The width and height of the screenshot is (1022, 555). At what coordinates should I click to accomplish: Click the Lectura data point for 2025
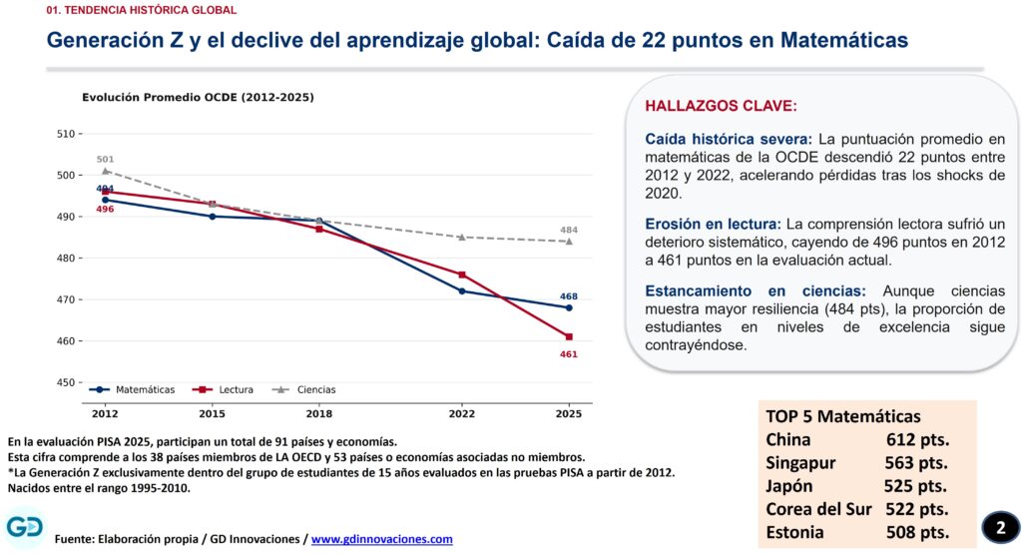(x=569, y=337)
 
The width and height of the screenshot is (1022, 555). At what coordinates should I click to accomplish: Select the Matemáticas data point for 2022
(x=462, y=290)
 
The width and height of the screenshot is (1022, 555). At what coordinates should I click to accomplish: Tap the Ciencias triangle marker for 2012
(x=105, y=171)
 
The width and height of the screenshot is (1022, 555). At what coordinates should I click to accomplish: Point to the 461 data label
(x=568, y=354)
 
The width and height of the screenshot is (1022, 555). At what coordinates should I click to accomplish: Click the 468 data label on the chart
(x=568, y=296)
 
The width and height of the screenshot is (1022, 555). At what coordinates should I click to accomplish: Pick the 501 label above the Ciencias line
(x=105, y=159)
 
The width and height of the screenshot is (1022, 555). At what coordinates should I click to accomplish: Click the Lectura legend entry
(x=223, y=389)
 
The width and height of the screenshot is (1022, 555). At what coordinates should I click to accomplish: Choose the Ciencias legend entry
(x=303, y=389)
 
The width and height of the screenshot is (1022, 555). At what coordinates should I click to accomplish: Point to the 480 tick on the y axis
(x=66, y=259)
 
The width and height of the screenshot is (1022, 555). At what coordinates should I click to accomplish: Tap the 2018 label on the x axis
(x=318, y=413)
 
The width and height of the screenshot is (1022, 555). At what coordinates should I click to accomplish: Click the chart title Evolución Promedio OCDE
(x=198, y=97)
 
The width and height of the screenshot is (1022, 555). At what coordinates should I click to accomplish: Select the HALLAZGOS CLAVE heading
(x=721, y=106)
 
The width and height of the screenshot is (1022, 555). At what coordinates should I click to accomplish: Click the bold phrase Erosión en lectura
(x=713, y=225)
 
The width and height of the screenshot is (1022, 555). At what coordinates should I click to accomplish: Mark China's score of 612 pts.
(x=918, y=439)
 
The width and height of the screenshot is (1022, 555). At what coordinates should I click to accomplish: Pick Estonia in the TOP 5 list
(x=794, y=532)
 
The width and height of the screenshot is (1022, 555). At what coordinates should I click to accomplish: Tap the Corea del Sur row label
(x=818, y=509)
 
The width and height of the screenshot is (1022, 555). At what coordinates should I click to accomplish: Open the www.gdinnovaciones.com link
(x=382, y=539)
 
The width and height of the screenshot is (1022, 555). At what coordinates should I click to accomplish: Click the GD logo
(x=25, y=527)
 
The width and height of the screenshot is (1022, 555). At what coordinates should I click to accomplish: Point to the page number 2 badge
(x=1000, y=527)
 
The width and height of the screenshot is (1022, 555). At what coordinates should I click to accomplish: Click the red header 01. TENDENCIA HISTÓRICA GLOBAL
(x=142, y=10)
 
